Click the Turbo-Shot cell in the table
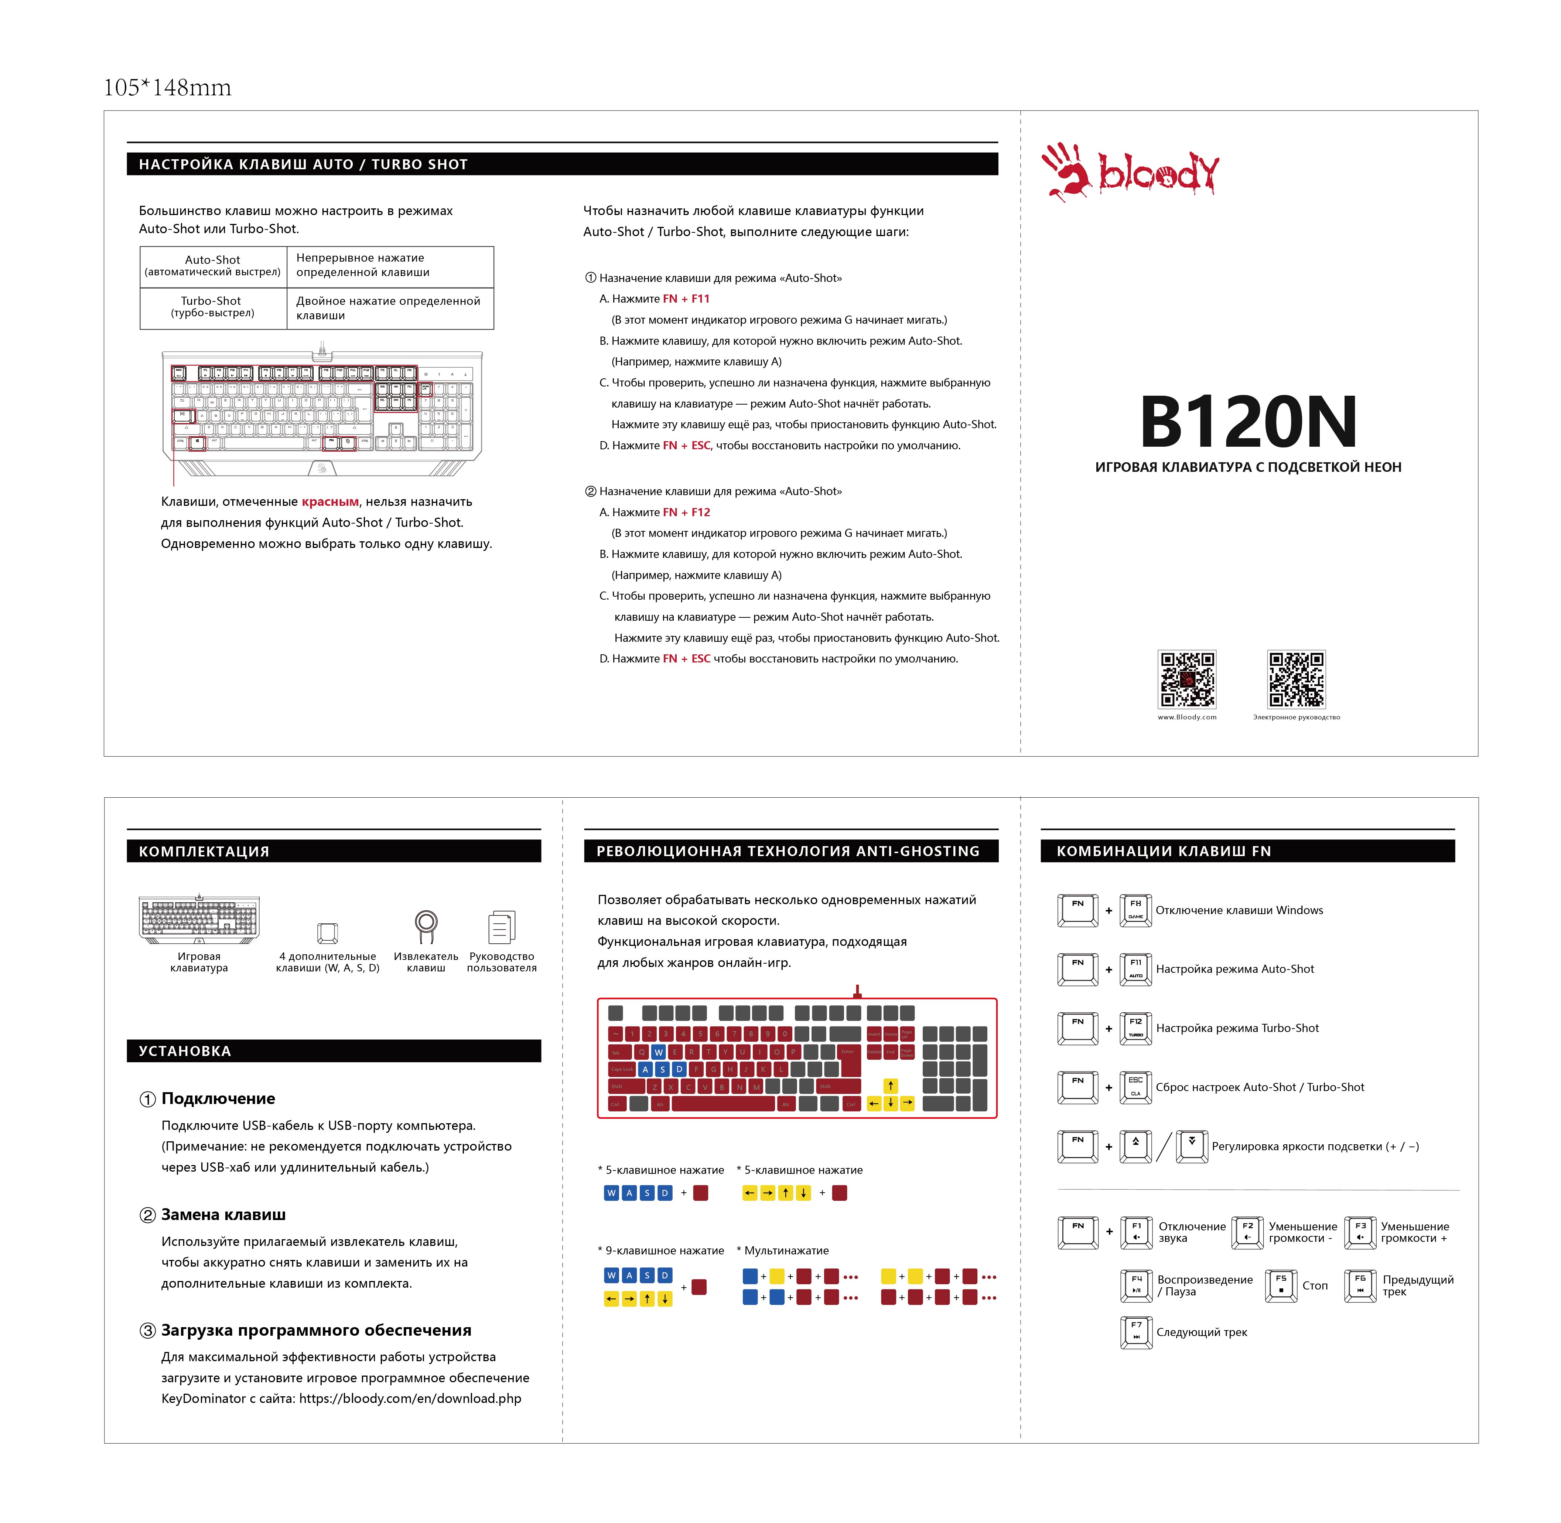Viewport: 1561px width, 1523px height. (212, 306)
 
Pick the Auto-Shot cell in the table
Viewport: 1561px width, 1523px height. (212, 265)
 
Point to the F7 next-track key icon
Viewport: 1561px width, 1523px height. (1135, 1332)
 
